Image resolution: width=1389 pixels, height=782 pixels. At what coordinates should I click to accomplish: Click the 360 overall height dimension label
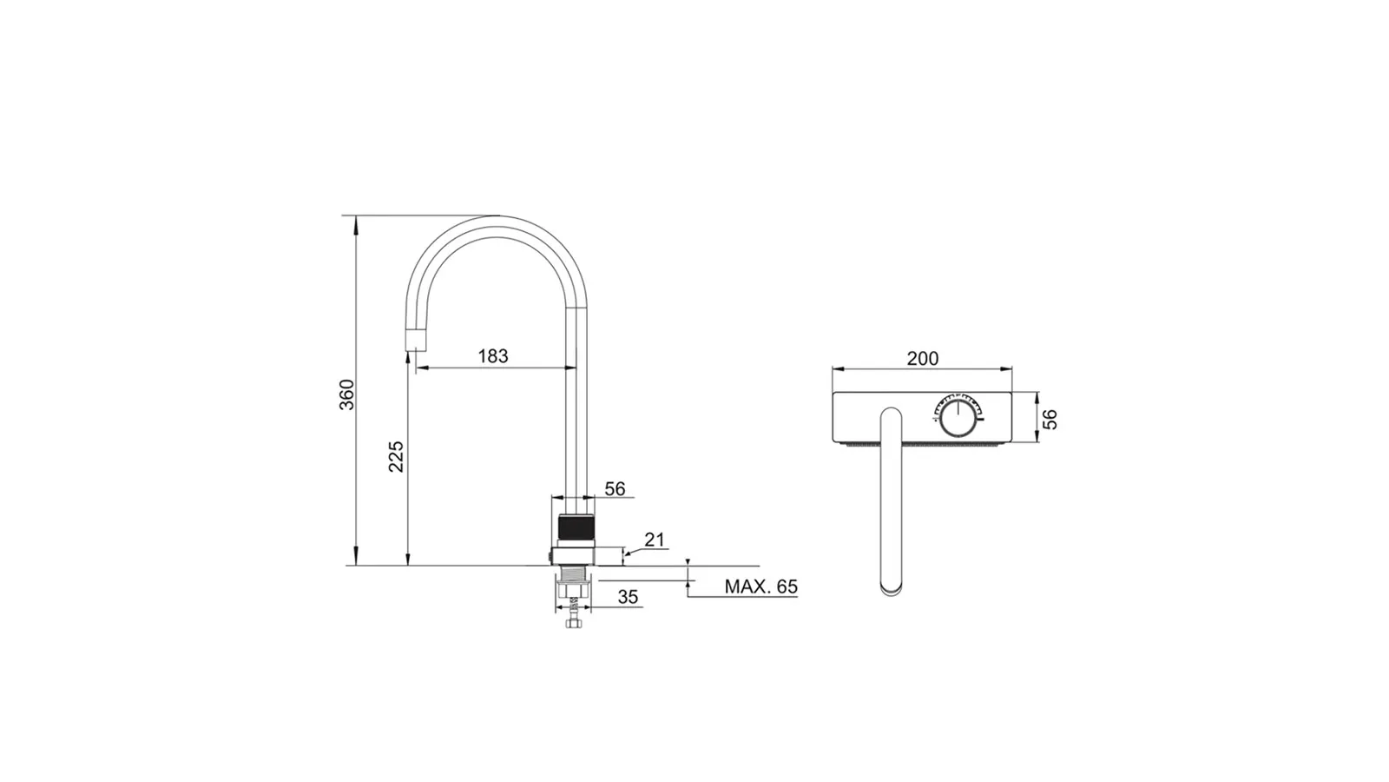coord(347,394)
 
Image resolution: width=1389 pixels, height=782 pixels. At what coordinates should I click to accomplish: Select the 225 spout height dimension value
coord(396,456)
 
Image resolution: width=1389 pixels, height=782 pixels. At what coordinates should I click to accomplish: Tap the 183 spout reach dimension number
coord(493,356)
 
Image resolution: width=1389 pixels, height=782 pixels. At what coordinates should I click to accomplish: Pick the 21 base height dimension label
coord(655,540)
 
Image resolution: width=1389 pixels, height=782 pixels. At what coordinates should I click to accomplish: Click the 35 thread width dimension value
coord(629,597)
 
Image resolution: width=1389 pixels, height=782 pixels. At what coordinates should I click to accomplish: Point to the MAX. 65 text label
coord(760,586)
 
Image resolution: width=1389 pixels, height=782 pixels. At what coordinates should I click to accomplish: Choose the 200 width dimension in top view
coord(923,359)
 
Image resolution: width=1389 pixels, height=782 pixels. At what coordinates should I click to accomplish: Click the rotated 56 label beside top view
coord(1050,419)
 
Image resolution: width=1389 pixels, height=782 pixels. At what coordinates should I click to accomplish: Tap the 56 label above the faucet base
coord(616,489)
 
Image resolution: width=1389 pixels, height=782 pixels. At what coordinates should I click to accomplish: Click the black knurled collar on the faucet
coord(576,527)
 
